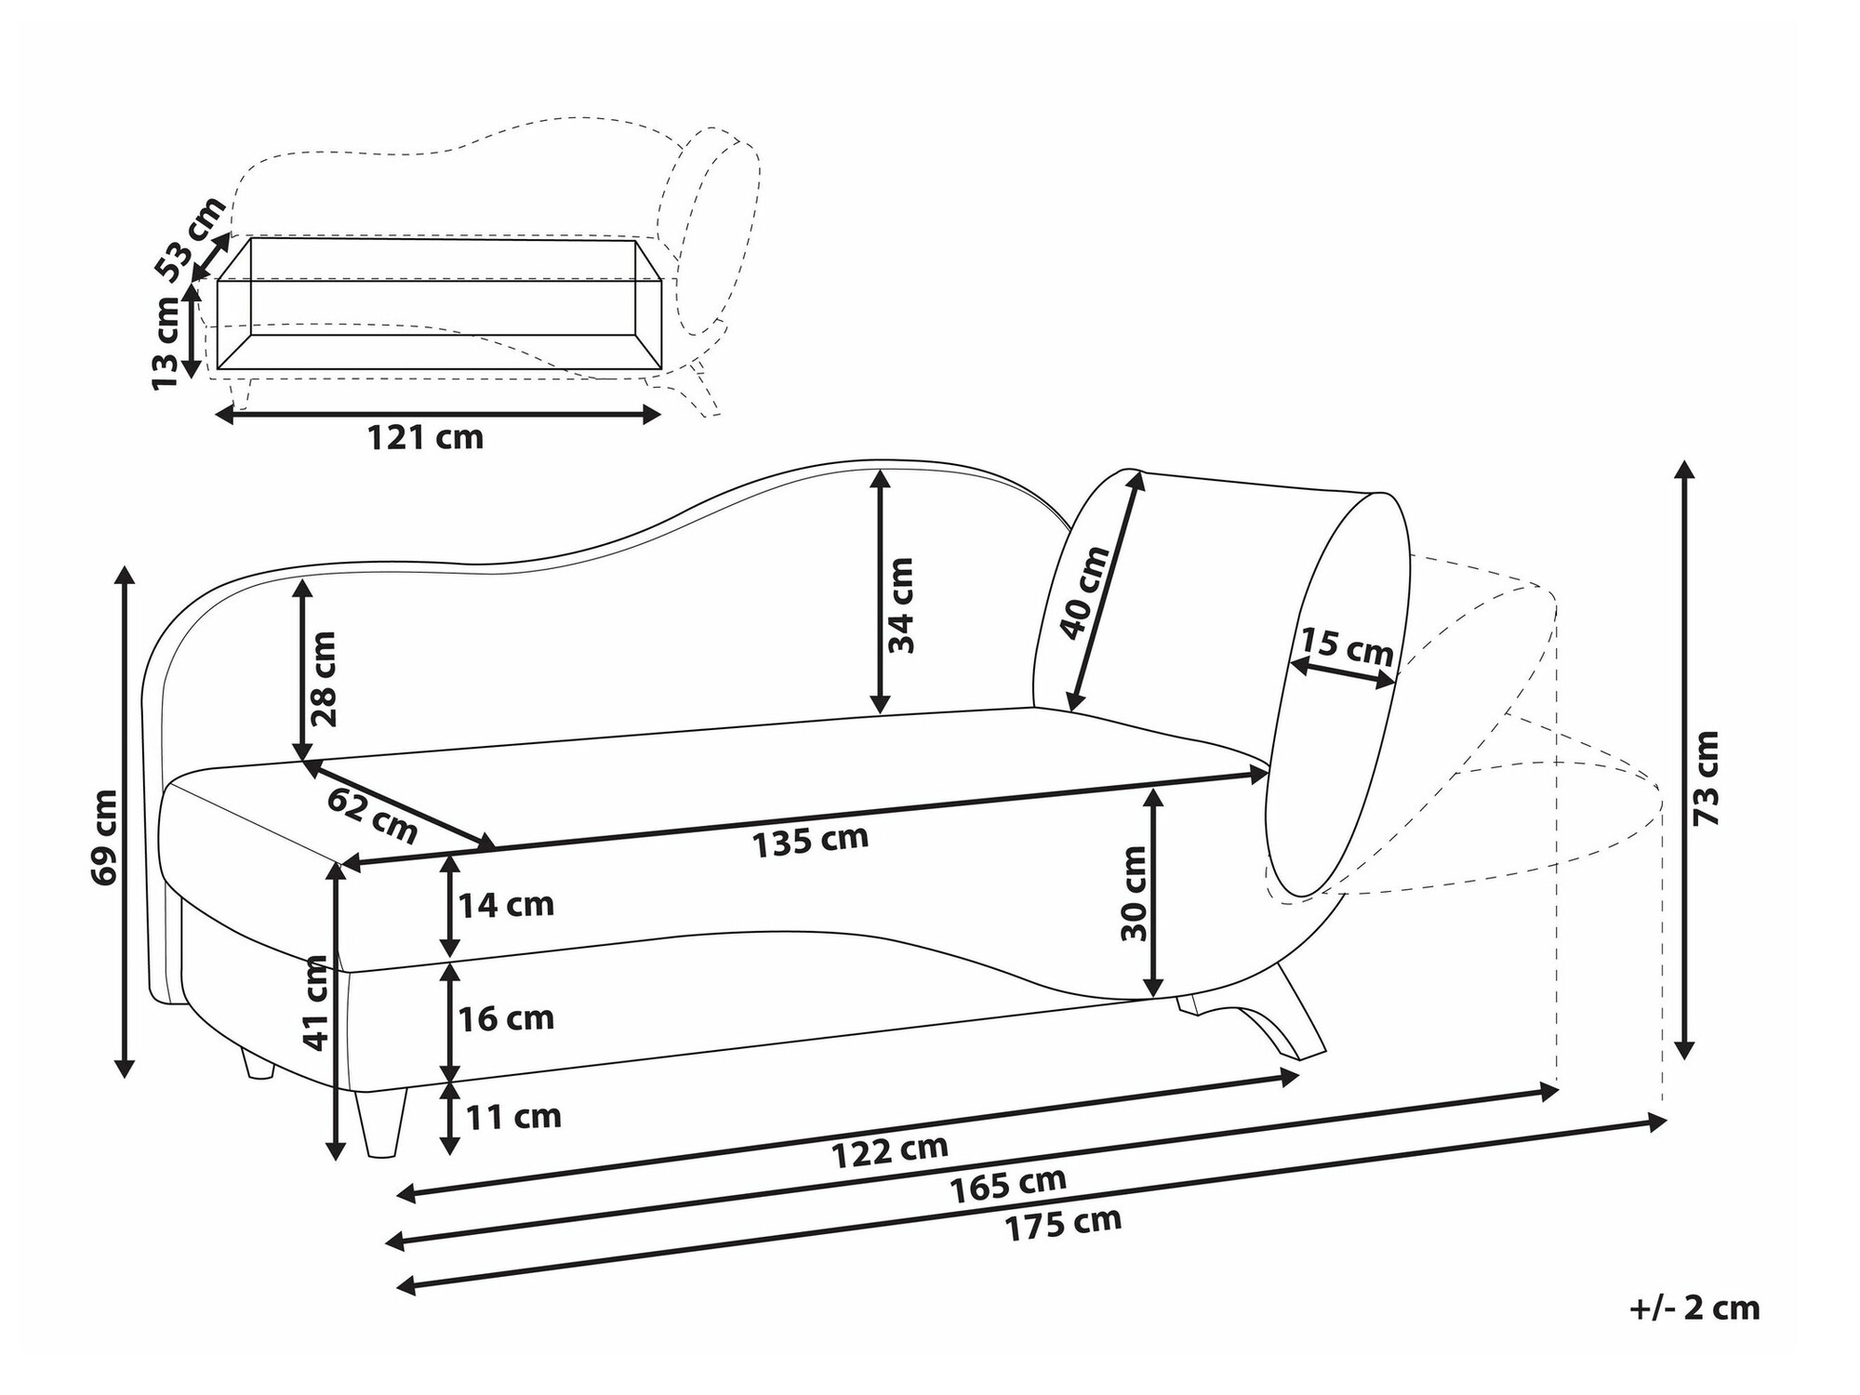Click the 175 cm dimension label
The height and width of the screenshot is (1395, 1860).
(x=1063, y=1225)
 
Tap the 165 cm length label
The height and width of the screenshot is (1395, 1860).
(x=1008, y=1185)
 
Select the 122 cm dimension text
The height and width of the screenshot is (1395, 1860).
(x=889, y=1151)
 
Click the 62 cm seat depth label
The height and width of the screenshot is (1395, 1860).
(x=372, y=816)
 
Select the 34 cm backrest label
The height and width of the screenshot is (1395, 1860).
(x=900, y=605)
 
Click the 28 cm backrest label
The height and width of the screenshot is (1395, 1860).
(x=323, y=679)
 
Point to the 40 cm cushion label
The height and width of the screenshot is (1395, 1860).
(x=1085, y=592)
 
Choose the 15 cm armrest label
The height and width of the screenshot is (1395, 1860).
(x=1346, y=646)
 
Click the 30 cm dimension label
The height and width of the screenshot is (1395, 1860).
(x=1135, y=893)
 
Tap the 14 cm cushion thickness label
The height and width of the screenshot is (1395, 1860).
(x=507, y=905)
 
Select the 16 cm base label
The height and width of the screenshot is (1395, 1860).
(x=507, y=1018)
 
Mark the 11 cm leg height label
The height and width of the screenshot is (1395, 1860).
(x=513, y=1116)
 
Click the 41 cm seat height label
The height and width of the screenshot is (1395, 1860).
(x=317, y=1003)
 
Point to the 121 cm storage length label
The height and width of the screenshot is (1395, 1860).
(x=425, y=436)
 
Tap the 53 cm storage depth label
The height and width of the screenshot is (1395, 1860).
(x=190, y=239)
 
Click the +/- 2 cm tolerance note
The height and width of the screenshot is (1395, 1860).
(x=1695, y=1309)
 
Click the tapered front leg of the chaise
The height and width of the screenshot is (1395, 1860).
(x=381, y=1123)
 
